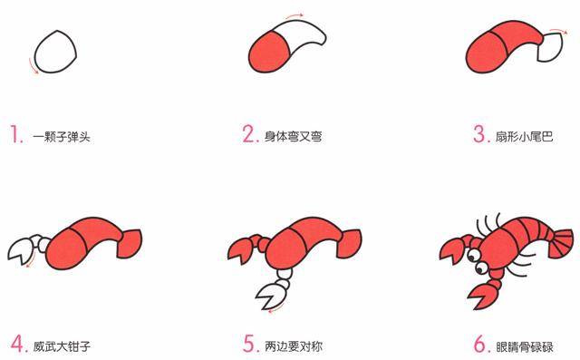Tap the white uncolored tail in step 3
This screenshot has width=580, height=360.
pyautogui.click(x=549, y=49)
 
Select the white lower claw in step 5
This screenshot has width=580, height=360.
pyautogui.click(x=270, y=294)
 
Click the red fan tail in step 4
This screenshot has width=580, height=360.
pyautogui.click(x=130, y=242)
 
